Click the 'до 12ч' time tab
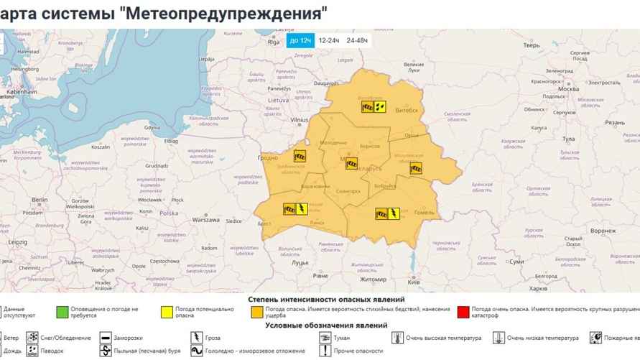pos(300,41)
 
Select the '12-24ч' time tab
pos(328,41)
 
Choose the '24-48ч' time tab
pos(357,41)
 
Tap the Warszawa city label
pos(205,220)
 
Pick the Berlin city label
pos(39,200)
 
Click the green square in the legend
pos(62,312)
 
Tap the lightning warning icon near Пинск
pos(302,210)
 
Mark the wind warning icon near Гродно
pos(300,155)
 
